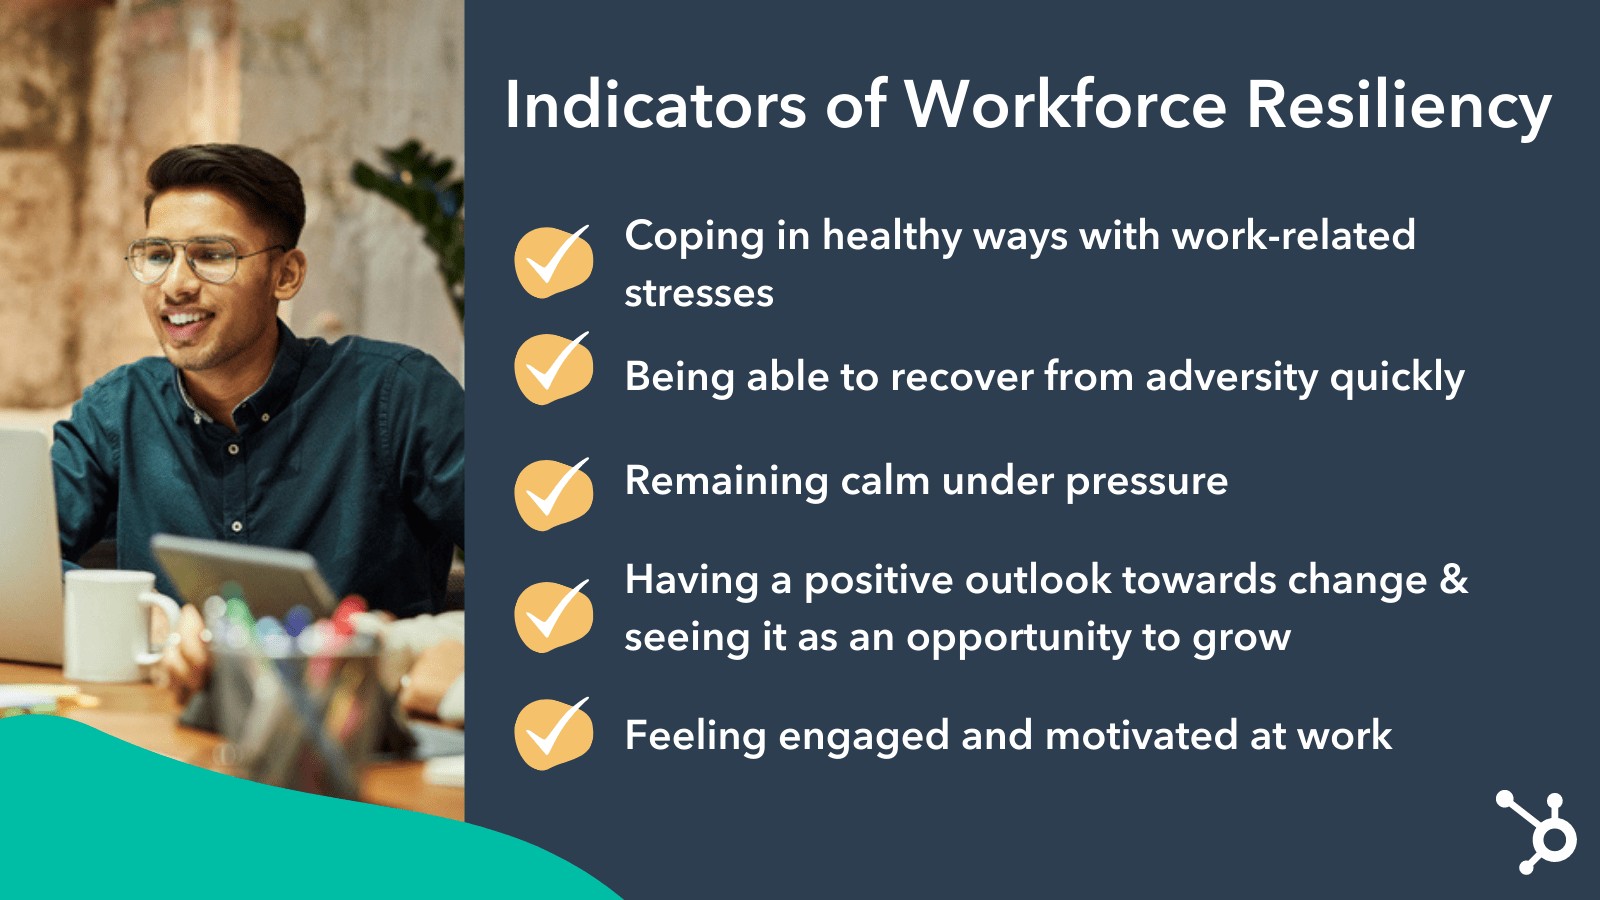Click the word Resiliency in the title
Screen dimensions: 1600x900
coord(1399,107)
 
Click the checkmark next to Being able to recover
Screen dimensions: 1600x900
coord(554,368)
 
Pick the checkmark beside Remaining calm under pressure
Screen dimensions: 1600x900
coord(554,494)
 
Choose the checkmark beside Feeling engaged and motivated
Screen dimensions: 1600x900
coord(554,734)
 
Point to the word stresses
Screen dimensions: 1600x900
coord(699,293)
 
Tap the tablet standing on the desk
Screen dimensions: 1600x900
coord(243,576)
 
